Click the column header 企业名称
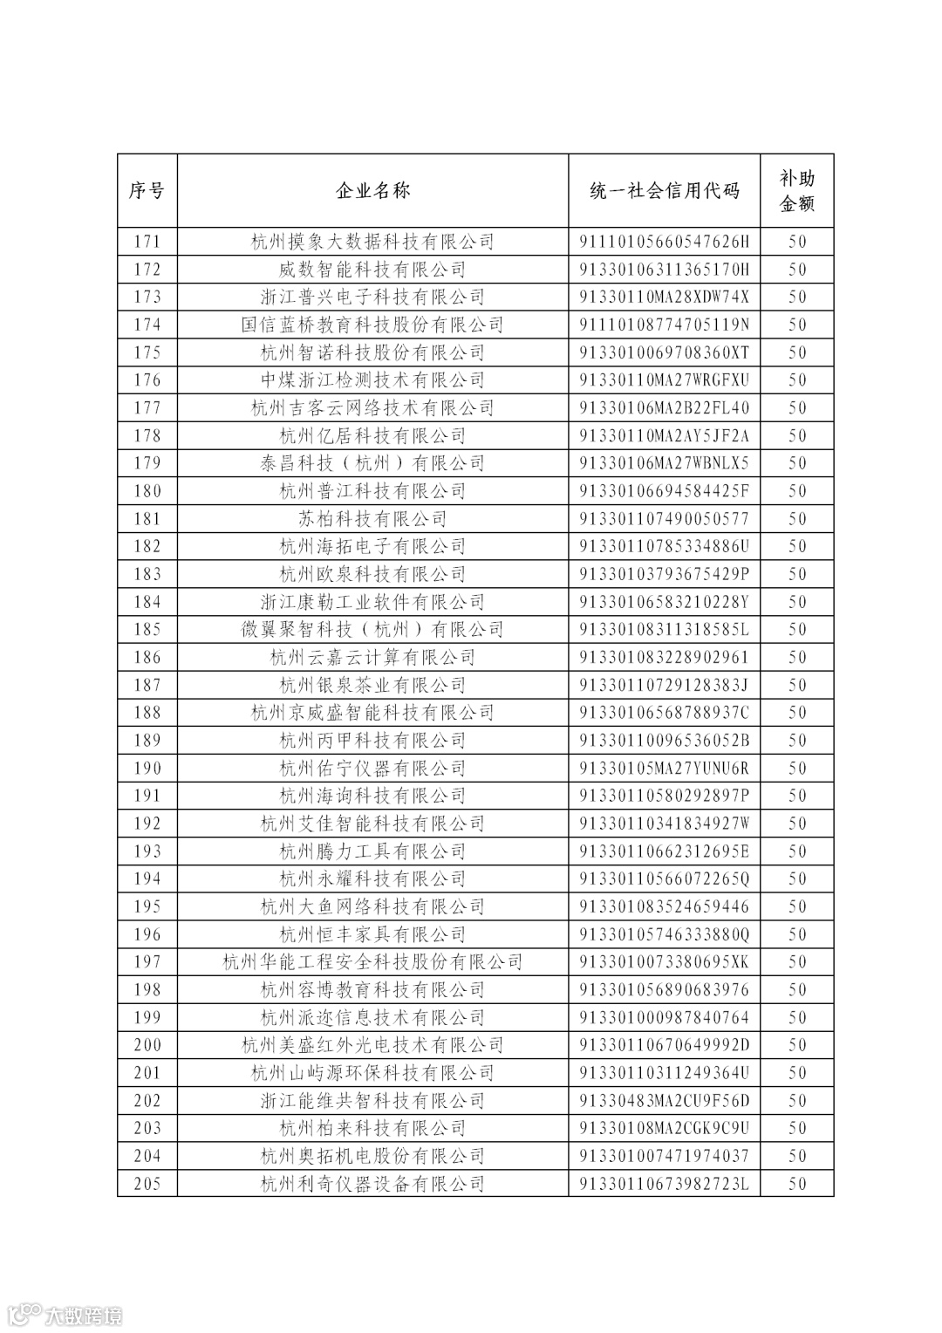coord(372,191)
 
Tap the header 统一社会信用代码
coord(664,191)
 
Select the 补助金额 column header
coord(796,191)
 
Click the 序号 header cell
coord(147,191)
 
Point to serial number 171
coord(147,242)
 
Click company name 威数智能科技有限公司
coord(372,270)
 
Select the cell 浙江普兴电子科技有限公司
coord(372,297)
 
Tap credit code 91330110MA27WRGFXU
coord(664,380)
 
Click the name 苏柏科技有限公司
coord(372,519)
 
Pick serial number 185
coord(147,630)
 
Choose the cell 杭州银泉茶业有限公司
coord(372,686)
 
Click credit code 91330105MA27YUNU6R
coord(664,769)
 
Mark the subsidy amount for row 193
coord(796,851)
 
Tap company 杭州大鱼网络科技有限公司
coord(372,907)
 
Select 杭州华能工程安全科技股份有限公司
coord(372,962)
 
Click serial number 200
coord(147,1045)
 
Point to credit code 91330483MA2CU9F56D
coord(664,1101)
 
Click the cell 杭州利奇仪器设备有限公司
coord(372,1184)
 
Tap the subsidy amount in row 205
coord(796,1184)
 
